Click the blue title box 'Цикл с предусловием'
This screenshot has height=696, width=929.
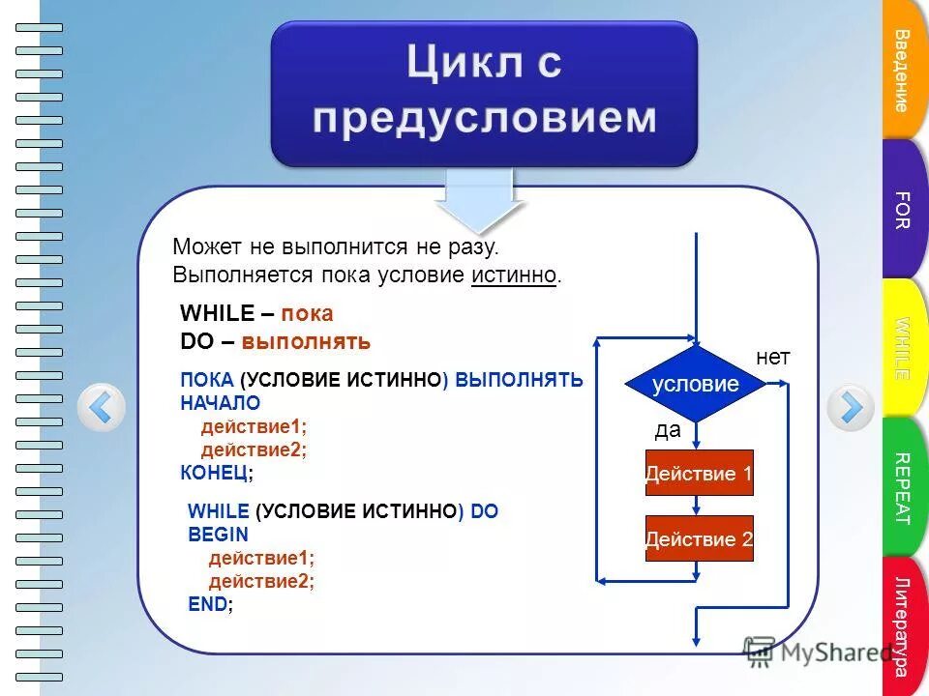pyautogui.click(x=483, y=93)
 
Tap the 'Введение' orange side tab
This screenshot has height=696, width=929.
pyautogui.click(x=903, y=71)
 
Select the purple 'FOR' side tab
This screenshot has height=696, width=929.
pyautogui.click(x=903, y=210)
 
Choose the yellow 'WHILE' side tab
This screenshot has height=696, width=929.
pyautogui.click(x=903, y=348)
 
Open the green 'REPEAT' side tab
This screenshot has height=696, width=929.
pyautogui.click(x=903, y=488)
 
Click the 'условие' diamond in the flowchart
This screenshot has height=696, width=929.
pyautogui.click(x=695, y=384)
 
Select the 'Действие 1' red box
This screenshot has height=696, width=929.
pyautogui.click(x=699, y=473)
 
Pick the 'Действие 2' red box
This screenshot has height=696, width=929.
pyautogui.click(x=699, y=538)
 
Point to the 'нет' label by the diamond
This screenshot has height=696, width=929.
pyautogui.click(x=773, y=358)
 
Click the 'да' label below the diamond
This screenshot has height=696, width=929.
pyautogui.click(x=668, y=431)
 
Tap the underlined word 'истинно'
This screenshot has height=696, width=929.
pyautogui.click(x=514, y=275)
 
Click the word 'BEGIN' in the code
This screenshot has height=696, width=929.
pyautogui.click(x=218, y=535)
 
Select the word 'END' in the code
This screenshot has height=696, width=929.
pyautogui.click(x=208, y=604)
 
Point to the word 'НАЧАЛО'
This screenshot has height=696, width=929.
pyautogui.click(x=220, y=403)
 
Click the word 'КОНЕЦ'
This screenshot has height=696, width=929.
pyautogui.click(x=214, y=473)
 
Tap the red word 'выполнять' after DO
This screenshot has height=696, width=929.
pyautogui.click(x=306, y=342)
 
